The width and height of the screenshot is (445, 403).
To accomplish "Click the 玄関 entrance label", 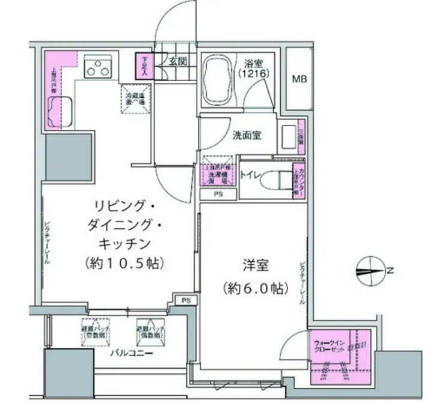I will [x=177, y=61].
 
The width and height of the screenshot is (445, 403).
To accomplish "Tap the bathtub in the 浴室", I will [x=218, y=81].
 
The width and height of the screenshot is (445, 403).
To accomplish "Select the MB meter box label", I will [x=299, y=78].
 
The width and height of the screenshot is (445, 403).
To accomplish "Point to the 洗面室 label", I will [x=247, y=136].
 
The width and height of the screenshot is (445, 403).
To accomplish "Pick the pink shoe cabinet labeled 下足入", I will [x=144, y=64].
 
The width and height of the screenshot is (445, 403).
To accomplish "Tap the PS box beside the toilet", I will [x=217, y=195].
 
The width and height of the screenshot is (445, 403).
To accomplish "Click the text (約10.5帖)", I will [x=117, y=263].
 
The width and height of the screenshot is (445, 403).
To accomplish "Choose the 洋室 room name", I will [x=252, y=264].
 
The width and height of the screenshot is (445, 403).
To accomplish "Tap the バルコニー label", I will [x=130, y=353].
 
